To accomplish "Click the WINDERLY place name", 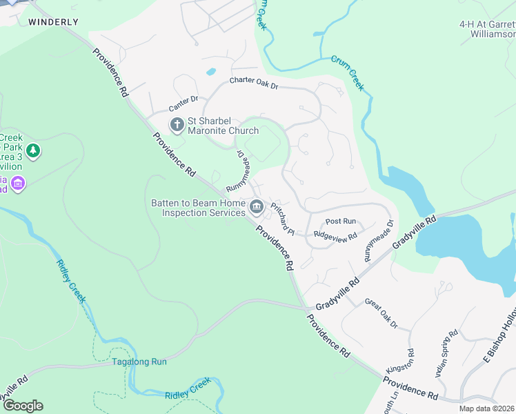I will (53, 22).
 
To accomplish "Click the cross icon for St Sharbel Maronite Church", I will (177, 125).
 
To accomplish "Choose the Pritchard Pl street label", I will (283, 218).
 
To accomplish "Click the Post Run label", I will (340, 221).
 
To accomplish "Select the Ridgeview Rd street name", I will (335, 235).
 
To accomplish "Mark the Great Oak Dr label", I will (381, 313).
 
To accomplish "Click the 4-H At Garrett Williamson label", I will (487, 28).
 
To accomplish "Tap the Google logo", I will (22, 406).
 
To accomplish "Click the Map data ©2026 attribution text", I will (486, 408).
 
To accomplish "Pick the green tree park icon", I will (32, 150).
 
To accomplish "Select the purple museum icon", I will (18, 184).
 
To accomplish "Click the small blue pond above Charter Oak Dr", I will (210, 71).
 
